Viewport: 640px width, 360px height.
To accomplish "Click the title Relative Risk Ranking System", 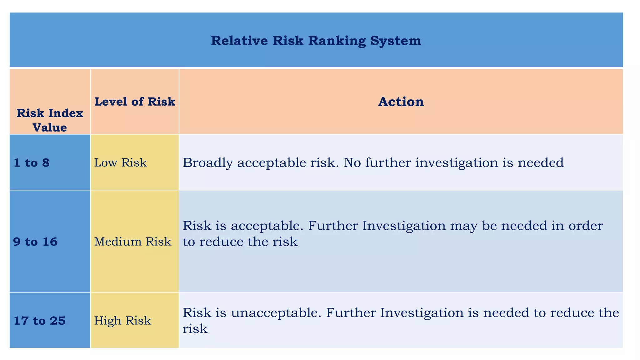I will pyautogui.click(x=316, y=41).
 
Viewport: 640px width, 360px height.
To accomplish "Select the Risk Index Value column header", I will pyautogui.click(x=50, y=120).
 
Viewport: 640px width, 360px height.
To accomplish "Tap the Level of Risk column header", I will pyautogui.click(x=135, y=102).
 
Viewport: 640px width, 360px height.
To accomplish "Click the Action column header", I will pyautogui.click(x=401, y=102).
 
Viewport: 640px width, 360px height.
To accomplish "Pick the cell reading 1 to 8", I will pyautogui.click(x=32, y=163).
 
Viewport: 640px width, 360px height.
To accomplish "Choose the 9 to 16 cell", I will pyautogui.click(x=36, y=242).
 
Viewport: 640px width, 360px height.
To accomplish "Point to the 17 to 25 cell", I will pyautogui.click(x=40, y=321).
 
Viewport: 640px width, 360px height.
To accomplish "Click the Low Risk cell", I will pyautogui.click(x=121, y=163).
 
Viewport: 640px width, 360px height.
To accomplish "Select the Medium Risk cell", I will pyautogui.click(x=133, y=242).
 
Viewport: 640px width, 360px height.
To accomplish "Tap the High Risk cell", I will pyautogui.click(x=123, y=321).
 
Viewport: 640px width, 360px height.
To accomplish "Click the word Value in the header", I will pyautogui.click(x=50, y=127).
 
